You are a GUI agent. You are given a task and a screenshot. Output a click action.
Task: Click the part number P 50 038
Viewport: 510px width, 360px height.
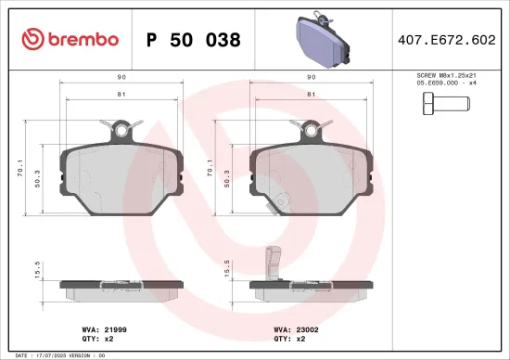coord(194,40)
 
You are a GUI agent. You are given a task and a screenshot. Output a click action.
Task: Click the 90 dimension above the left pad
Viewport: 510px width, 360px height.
coord(121,77)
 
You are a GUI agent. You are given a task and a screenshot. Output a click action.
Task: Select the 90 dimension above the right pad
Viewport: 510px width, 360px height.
coord(310,77)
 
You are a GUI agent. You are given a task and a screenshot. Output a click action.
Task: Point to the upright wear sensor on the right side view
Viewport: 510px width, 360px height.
coord(272,262)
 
